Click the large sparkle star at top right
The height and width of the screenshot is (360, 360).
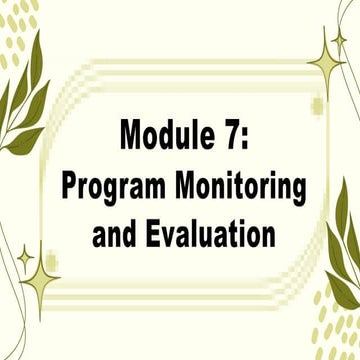(x=325, y=62)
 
